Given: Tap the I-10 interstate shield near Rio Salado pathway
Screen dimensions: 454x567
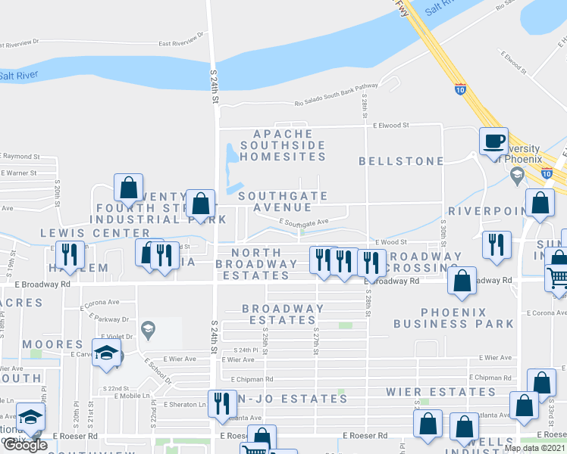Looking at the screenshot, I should pos(461,89).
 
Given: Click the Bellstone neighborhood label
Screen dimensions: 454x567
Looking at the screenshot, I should pos(401,161).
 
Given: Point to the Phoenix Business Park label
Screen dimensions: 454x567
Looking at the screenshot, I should pos(453,318).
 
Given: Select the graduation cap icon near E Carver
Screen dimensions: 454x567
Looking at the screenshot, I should pos(106,352).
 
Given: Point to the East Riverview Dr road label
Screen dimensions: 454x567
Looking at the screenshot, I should pos(183,44).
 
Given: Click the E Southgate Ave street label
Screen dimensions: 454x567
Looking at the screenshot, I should pos(303,222).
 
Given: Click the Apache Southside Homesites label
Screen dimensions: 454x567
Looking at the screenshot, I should pos(283,145).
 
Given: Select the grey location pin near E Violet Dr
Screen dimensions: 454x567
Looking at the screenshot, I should pos(149,327).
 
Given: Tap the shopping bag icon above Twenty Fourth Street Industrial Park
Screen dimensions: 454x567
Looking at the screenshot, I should pos(129,188).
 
